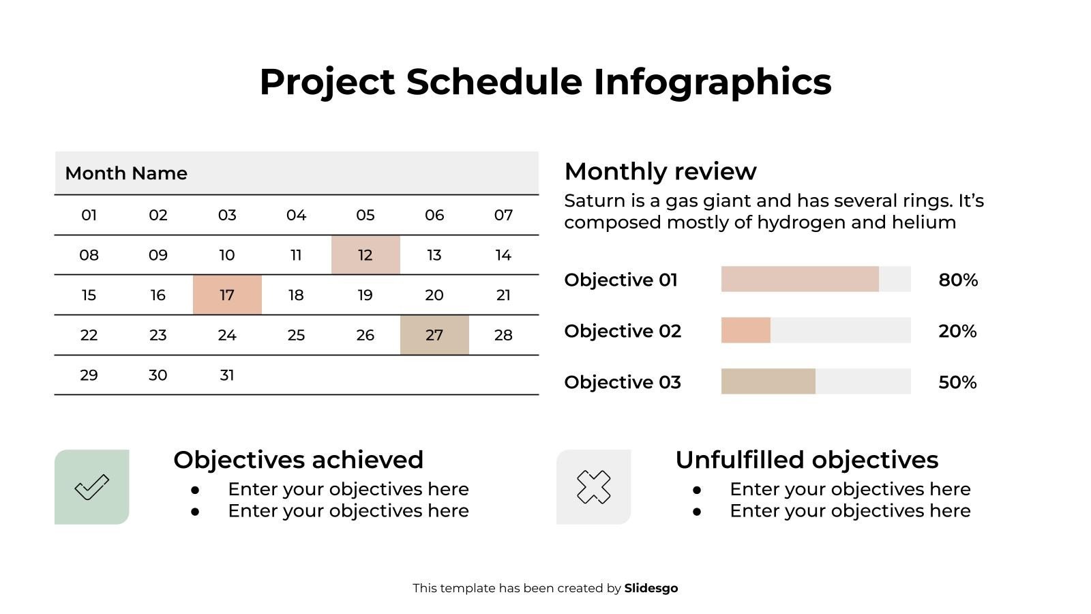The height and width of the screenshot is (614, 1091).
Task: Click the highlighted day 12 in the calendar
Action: click(x=365, y=255)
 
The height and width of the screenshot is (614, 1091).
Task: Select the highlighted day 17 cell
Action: click(x=227, y=295)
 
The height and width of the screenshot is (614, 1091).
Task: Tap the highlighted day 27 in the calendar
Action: click(x=434, y=335)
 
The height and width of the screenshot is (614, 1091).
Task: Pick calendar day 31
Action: click(x=227, y=375)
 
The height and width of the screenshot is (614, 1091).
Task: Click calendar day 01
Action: click(x=89, y=216)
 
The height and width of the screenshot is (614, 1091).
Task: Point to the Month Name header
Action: click(x=126, y=173)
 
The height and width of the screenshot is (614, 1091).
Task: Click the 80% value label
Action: click(x=957, y=280)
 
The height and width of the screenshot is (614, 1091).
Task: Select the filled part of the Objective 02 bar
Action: click(x=745, y=330)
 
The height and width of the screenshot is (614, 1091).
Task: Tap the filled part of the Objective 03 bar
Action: click(x=768, y=381)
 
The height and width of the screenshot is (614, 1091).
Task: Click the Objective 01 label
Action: click(x=621, y=280)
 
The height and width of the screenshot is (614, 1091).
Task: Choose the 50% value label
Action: click(x=957, y=382)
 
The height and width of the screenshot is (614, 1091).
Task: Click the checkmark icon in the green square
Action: click(x=92, y=487)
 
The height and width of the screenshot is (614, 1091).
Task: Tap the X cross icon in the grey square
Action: click(x=594, y=487)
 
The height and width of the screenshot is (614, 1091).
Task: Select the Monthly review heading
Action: click(x=660, y=171)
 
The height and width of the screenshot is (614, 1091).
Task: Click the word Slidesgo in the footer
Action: click(x=651, y=588)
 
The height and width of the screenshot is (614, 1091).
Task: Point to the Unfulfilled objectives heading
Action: click(x=807, y=460)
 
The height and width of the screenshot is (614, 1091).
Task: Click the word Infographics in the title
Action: click(x=712, y=82)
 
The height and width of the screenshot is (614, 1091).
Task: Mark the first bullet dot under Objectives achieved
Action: click(x=195, y=490)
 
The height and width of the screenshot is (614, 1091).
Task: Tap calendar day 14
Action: click(x=503, y=255)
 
